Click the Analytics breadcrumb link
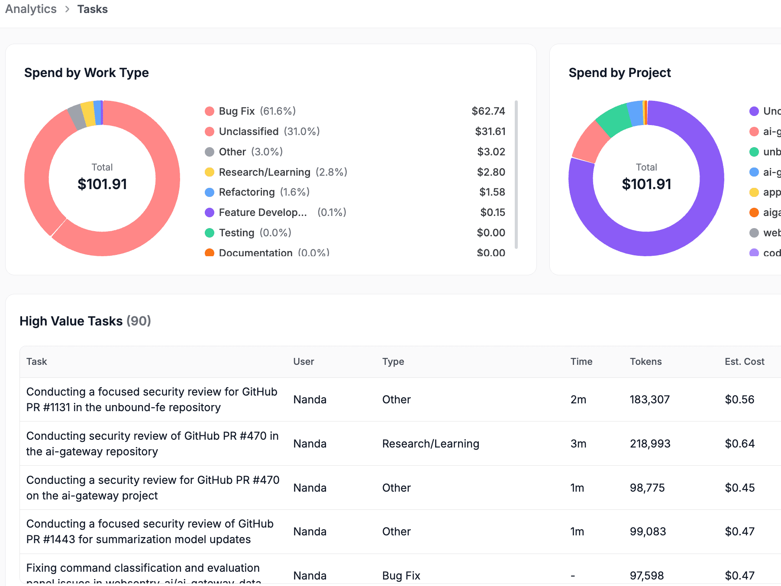[x=31, y=9]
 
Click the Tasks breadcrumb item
[x=92, y=9]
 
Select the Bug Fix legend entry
[x=236, y=111]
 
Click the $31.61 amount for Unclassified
[x=490, y=132]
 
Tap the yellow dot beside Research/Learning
[x=210, y=172]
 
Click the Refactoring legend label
[x=247, y=192]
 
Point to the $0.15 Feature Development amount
[x=493, y=213]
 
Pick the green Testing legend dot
[x=210, y=233]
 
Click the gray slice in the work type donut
[x=77, y=116]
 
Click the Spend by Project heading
[x=620, y=73]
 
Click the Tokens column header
[x=645, y=362]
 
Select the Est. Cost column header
[x=744, y=362]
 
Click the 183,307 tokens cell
[x=649, y=399]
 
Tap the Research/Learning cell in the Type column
[x=430, y=444]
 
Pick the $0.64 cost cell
[x=739, y=444]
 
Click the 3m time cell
[x=578, y=444]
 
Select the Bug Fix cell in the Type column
[x=401, y=576]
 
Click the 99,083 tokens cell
[x=648, y=531]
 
